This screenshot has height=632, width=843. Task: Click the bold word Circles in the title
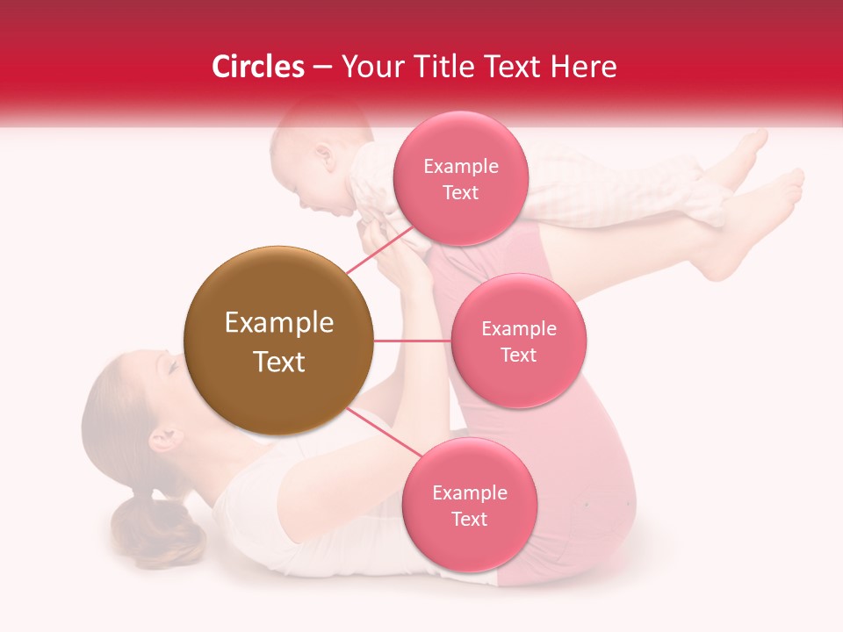257,67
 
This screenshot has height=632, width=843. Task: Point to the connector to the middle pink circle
412,341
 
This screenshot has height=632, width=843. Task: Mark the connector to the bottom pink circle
384,433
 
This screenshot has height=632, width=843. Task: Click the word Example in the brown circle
278,323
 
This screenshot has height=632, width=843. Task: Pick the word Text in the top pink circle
460,192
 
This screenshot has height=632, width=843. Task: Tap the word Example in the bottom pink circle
469,492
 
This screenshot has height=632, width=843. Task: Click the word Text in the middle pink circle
519,355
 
